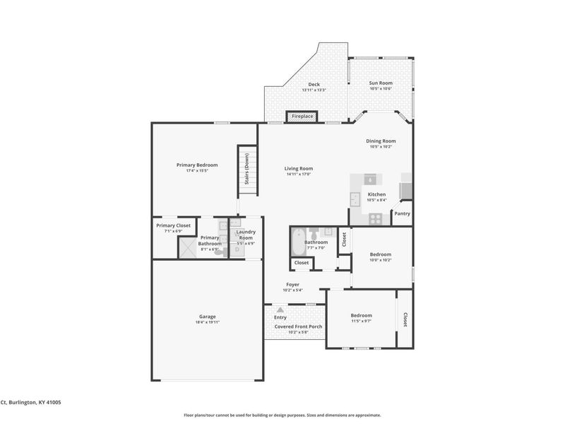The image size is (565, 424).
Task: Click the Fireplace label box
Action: coord(302,116)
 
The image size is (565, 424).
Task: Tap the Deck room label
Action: coord(313,85)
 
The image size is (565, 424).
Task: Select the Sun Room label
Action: coord(381,83)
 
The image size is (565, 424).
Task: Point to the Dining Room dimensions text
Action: coord(381,147)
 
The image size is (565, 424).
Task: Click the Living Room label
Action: coord(298,168)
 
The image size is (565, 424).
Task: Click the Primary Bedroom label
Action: coord(197,165)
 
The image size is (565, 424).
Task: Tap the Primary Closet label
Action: coord(173,225)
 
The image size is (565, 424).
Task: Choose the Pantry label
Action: coord(402,213)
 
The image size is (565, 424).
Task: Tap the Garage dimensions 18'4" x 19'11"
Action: coord(207,322)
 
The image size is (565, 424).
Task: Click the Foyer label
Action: coord(292,285)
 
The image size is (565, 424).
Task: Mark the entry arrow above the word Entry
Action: coord(280,310)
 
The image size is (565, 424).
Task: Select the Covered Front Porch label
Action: coord(298,326)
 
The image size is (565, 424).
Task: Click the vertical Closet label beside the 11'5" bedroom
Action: coord(405,319)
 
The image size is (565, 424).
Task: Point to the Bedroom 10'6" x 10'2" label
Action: coord(381,254)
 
